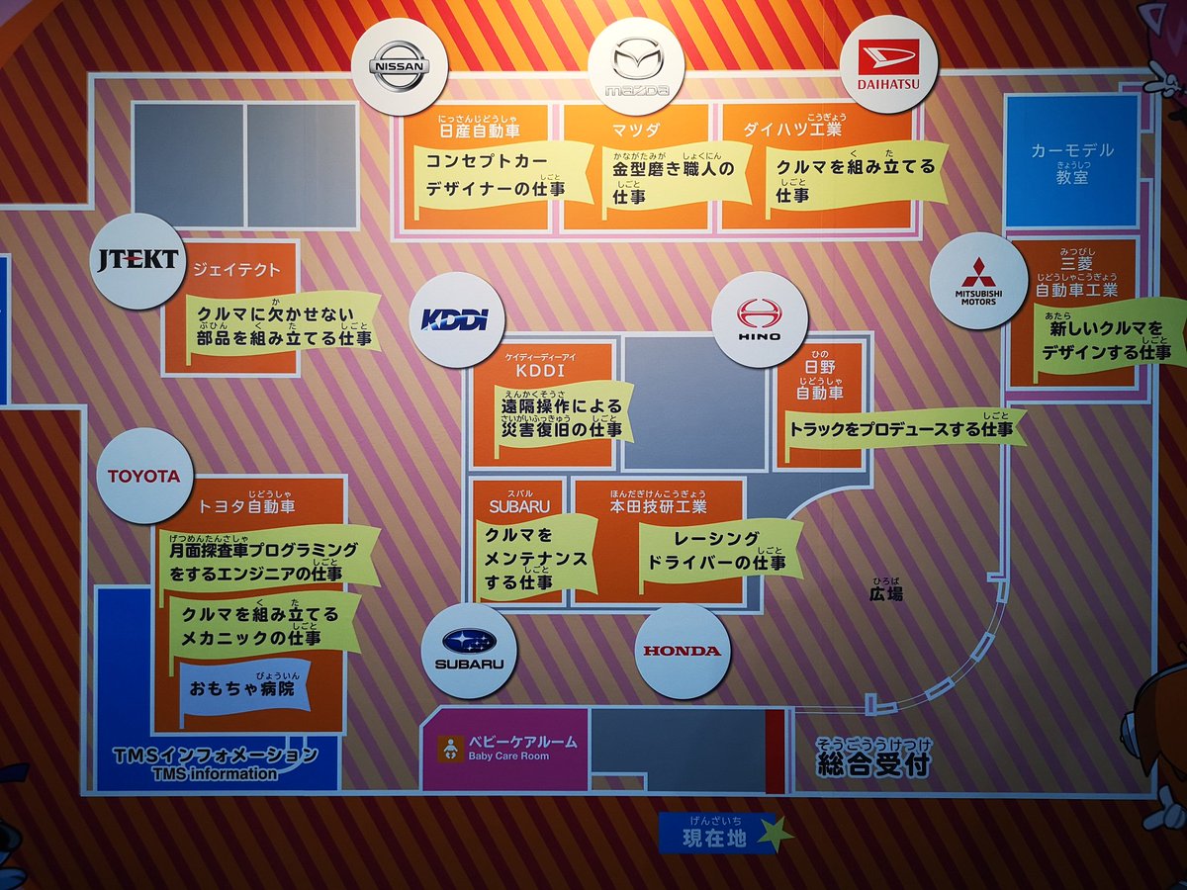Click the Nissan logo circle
pos(399,67)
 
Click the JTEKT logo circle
pos(137,261)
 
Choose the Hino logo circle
pos(760,318)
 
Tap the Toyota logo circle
pos(144,476)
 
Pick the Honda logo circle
pos(683,651)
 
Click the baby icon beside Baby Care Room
pos(450,749)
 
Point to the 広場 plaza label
pos(885,594)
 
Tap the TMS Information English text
pos(215,773)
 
